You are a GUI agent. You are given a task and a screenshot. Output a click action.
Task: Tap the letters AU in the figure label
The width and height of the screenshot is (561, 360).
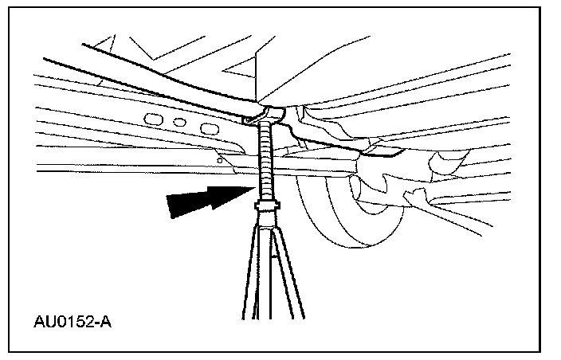tap(45, 323)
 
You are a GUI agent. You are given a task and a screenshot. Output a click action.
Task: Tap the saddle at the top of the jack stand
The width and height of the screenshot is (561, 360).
tap(268, 112)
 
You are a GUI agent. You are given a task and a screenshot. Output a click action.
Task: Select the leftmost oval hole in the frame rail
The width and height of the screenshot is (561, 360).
tap(153, 119)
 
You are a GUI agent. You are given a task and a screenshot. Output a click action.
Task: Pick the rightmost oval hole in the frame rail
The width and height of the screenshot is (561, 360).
tap(209, 128)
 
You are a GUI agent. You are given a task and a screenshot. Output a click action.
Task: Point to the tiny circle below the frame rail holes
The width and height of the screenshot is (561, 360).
tap(221, 159)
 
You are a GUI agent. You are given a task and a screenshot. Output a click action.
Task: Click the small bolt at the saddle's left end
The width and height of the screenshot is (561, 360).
tap(249, 119)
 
